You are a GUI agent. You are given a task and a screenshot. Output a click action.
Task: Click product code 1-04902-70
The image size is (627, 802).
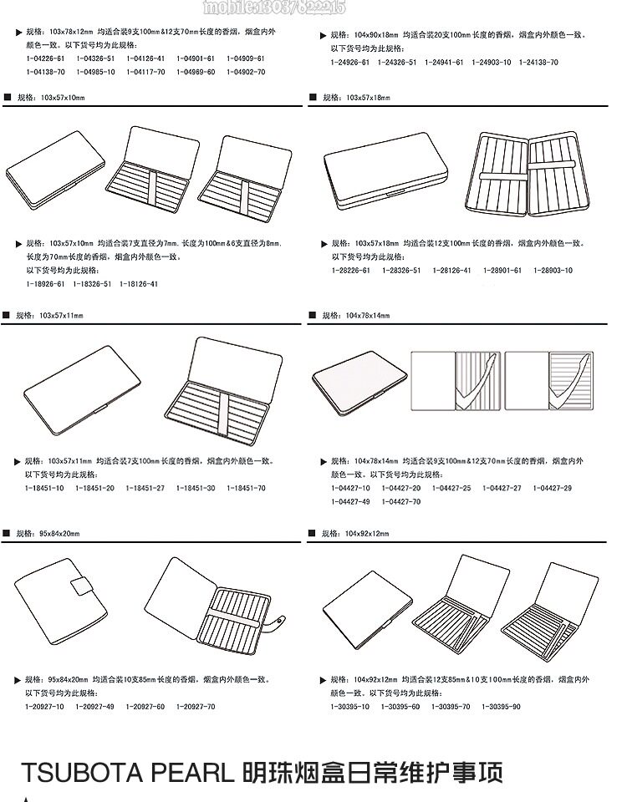pyautogui.click(x=248, y=73)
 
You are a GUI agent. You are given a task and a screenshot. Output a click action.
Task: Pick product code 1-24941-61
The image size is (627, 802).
pyautogui.click(x=444, y=63)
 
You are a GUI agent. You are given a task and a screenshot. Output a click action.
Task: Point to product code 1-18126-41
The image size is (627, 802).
pyautogui.click(x=138, y=284)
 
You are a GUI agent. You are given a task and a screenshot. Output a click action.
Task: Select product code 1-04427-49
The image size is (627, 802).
pyautogui.click(x=350, y=501)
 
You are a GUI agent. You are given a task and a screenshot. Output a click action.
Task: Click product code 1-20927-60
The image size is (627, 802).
pyautogui.click(x=145, y=707)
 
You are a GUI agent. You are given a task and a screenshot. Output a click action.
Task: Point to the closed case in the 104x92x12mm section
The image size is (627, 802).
pyautogui.click(x=368, y=599)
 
